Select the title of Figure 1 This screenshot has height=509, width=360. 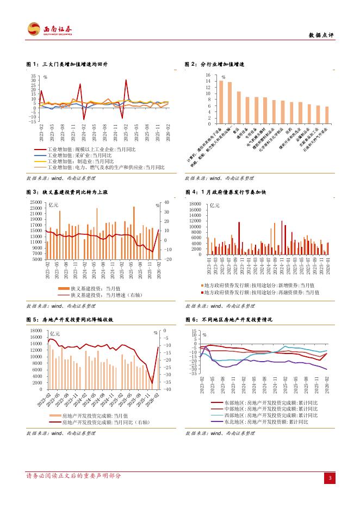coord(67,65)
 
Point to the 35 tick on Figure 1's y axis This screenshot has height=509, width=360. coord(34,76)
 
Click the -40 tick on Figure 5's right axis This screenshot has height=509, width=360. coord(167,389)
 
